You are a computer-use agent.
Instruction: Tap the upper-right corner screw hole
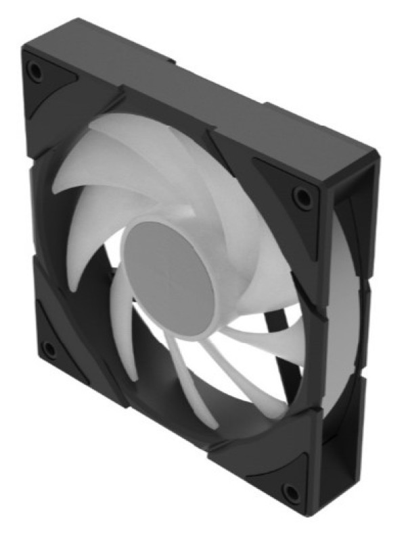(300, 197)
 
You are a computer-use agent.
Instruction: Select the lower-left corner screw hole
(49, 350)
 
